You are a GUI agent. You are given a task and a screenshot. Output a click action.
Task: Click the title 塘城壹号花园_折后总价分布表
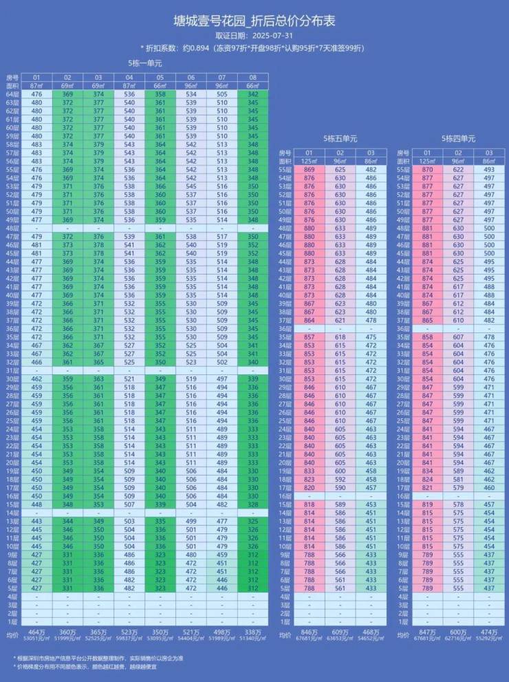point(254,21)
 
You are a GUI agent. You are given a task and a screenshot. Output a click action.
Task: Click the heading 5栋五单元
point(340,138)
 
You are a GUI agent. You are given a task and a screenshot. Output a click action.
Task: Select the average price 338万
point(253,632)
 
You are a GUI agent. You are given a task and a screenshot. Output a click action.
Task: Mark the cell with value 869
point(310,169)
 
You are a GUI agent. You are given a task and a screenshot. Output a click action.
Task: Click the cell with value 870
point(427,169)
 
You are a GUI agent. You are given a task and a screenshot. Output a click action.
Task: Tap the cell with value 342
point(253,94)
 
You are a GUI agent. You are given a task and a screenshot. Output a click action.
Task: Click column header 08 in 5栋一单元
point(253,77)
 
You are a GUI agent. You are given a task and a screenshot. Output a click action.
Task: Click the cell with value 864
point(310,319)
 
